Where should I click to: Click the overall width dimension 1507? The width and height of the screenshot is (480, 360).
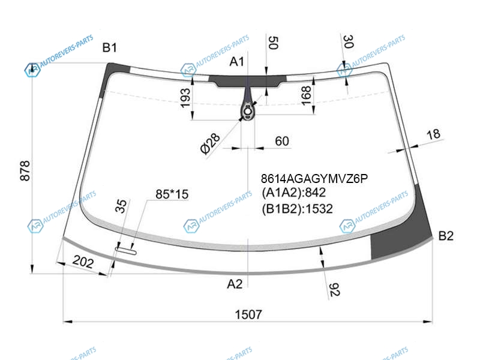248,314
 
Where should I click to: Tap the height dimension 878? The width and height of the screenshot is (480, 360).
25,170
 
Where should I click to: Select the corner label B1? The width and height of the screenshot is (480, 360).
110,48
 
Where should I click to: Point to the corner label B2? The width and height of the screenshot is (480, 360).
446,236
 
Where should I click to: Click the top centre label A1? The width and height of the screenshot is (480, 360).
236,62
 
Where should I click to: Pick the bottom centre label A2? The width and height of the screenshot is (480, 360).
235,284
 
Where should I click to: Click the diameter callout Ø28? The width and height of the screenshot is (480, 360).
210,144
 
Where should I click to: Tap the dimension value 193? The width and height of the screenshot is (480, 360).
185,98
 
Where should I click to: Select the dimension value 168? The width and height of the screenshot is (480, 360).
306,95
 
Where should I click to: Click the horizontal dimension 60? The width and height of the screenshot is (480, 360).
281,141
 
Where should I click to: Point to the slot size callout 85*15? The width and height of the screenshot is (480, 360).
172,194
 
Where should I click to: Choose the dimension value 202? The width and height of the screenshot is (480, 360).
83,262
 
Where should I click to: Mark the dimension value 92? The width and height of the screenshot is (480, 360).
334,290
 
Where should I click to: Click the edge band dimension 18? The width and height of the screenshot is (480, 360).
433,134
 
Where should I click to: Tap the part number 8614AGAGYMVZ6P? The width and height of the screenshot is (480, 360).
314,178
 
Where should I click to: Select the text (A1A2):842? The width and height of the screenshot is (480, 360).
293,193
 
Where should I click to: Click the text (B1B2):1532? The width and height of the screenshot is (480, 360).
297,209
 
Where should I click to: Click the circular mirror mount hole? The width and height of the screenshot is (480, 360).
247,112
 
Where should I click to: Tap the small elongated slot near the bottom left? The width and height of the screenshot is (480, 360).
126,251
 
